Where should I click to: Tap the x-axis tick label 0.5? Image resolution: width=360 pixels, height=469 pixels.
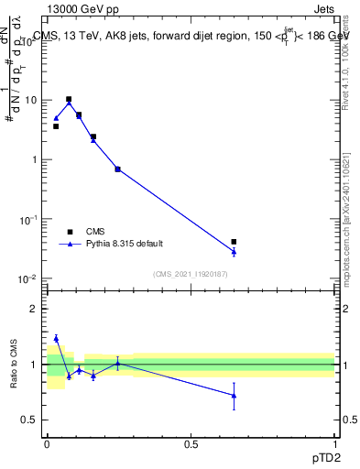[191, 443]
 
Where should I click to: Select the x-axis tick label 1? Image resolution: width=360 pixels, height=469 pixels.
[334, 443]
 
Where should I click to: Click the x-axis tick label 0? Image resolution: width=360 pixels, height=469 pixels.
[47, 443]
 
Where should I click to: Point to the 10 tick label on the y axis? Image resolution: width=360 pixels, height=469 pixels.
[33, 100]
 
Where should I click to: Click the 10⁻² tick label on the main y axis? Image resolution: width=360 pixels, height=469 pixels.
[31, 279]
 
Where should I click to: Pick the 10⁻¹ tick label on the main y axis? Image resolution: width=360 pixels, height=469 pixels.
[31, 220]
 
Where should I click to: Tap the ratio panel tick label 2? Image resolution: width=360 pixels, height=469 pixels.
[37, 309]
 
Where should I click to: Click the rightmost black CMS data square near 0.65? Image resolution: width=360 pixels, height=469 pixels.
[234, 242]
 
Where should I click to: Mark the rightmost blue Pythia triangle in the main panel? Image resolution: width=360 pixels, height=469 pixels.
[234, 251]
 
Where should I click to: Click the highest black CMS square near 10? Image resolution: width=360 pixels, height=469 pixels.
[69, 99]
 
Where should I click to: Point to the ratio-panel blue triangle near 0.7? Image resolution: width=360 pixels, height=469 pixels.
[234, 396]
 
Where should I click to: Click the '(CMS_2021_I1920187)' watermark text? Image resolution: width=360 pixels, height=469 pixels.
[191, 273]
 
